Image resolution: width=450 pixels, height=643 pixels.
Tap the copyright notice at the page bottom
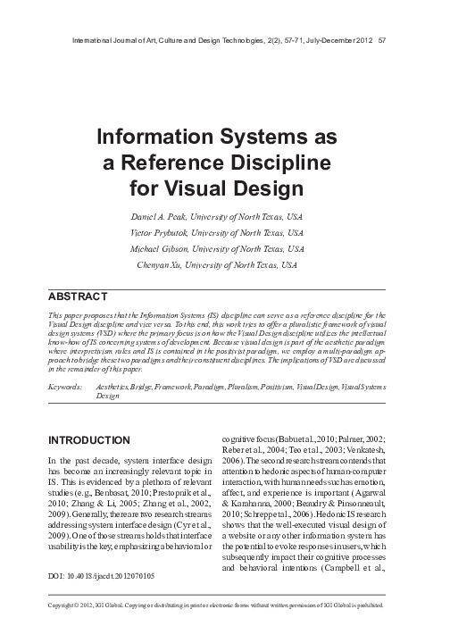tap(224, 629)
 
